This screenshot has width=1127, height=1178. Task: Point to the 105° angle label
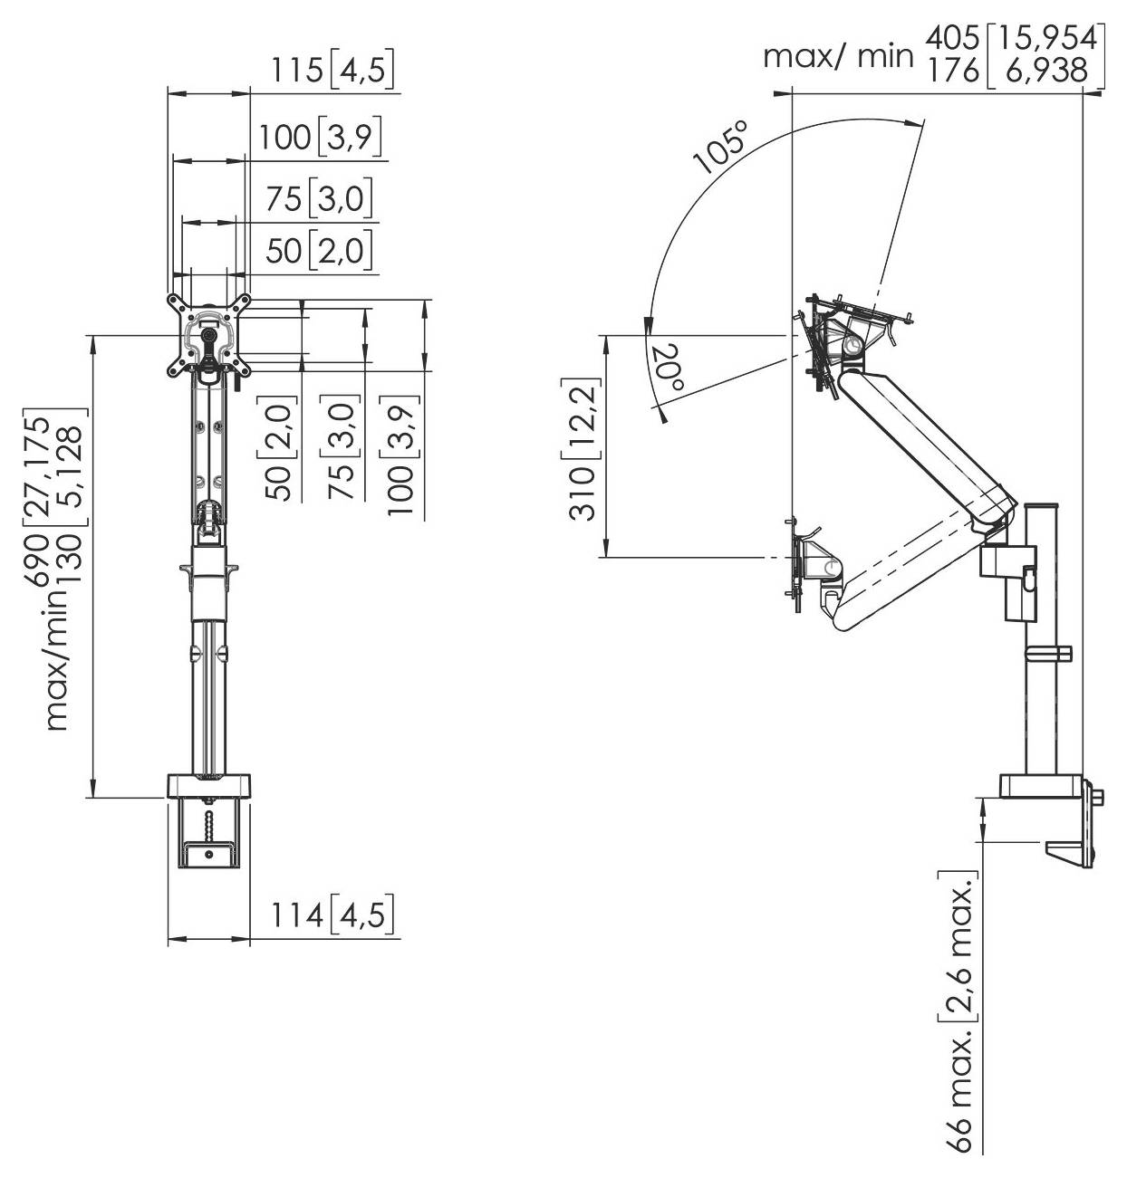[x=723, y=146]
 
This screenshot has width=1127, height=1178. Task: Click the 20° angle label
[x=668, y=368]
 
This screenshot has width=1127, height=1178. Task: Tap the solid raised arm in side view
[x=924, y=445]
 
